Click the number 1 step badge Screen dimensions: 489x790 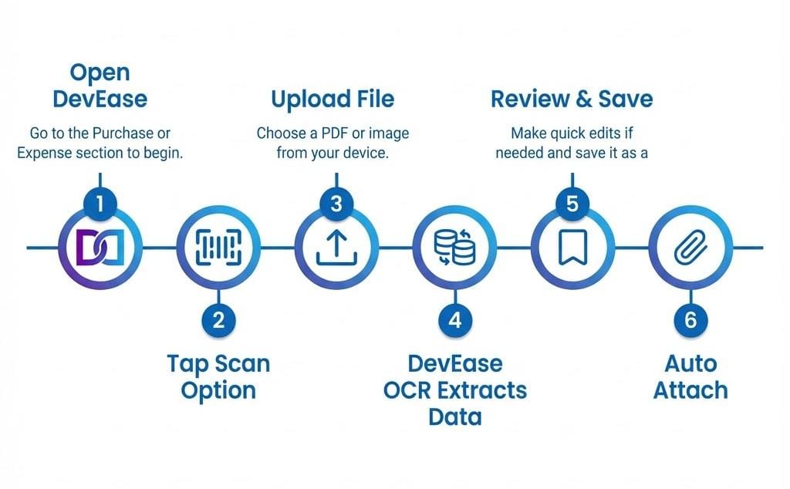(x=101, y=204)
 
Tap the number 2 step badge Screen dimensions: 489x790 (x=219, y=319)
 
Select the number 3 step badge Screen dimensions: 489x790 (x=336, y=204)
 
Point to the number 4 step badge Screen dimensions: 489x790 (x=455, y=319)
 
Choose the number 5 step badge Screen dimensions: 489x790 (x=572, y=204)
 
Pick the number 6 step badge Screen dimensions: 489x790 (x=690, y=319)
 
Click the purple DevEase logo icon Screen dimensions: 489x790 (x=101, y=248)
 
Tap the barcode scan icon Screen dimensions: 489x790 (x=219, y=248)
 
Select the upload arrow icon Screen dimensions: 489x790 (x=336, y=248)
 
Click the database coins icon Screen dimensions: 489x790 (x=455, y=247)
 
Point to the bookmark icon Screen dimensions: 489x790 (x=572, y=248)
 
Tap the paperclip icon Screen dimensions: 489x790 (x=690, y=248)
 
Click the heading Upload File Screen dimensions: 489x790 (x=333, y=99)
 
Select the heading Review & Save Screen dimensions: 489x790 (x=572, y=99)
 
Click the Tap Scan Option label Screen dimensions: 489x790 (x=218, y=376)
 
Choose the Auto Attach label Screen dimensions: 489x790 (x=690, y=376)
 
